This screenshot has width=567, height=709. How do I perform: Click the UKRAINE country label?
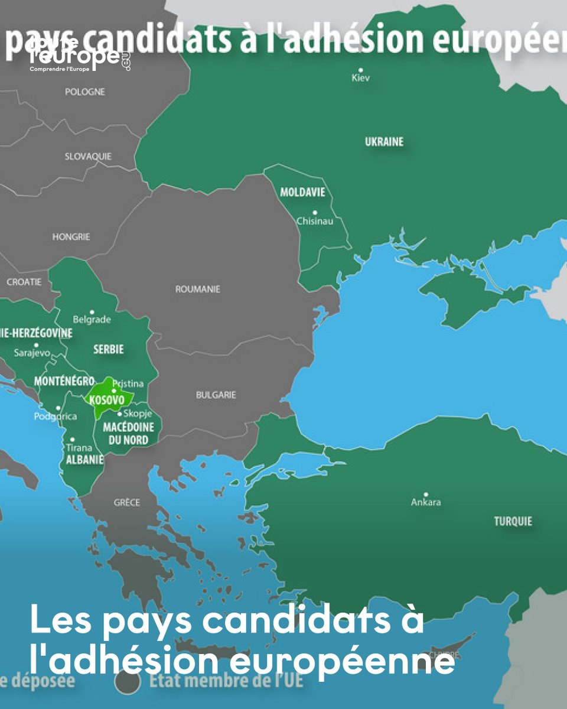click(384, 142)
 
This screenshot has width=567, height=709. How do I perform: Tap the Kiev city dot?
click(360, 70)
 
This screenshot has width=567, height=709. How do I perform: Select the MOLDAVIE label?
click(302, 193)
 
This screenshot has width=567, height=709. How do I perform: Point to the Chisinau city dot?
click(315, 212)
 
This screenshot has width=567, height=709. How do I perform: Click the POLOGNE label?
click(85, 92)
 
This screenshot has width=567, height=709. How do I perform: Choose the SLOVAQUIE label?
click(88, 157)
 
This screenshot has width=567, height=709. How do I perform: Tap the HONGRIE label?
click(71, 236)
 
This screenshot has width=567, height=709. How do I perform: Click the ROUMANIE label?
click(197, 290)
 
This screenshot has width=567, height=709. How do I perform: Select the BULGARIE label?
click(216, 395)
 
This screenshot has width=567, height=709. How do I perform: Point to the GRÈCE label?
click(127, 503)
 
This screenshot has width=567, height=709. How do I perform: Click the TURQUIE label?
click(513, 521)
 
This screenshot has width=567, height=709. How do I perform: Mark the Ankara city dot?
click(425, 495)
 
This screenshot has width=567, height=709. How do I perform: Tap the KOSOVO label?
click(107, 400)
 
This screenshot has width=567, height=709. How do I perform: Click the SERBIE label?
click(109, 349)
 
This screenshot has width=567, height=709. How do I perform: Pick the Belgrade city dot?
click(93, 311)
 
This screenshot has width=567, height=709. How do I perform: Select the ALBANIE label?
click(85, 460)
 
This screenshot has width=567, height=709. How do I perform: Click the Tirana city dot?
click(72, 440)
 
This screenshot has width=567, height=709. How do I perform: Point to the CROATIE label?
click(24, 282)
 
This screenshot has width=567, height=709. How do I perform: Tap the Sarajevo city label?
click(32, 353)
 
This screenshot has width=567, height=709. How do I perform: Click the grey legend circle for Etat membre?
click(127, 681)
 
